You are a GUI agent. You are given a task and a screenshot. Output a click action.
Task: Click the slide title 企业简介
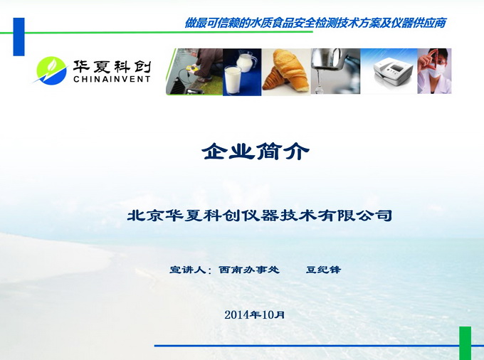coord(256,151)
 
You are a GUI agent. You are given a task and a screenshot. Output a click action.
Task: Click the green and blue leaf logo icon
coord(51,70)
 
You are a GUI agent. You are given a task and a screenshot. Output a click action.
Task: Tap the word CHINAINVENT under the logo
coord(112,79)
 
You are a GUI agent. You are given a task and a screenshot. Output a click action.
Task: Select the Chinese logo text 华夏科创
coord(112,66)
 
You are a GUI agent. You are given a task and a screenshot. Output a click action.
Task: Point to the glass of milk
coord(233,80)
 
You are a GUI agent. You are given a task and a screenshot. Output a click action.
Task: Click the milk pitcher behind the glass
coord(246,63)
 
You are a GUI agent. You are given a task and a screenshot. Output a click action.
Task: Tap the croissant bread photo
coord(285,73)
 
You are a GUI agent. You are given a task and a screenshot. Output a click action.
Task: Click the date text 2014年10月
coord(254,314)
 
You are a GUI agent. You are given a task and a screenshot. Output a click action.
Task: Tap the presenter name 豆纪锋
coord(323,270)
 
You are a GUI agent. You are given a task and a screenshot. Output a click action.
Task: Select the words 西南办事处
coord(249,270)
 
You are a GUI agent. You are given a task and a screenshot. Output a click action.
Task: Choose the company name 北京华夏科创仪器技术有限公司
coord(260,216)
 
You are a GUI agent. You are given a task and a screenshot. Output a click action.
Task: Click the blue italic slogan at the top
coord(315,23)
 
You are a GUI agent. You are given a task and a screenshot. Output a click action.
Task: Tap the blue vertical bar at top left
coord(19,37)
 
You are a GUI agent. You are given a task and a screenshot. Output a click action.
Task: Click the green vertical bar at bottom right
coord(465,343)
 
